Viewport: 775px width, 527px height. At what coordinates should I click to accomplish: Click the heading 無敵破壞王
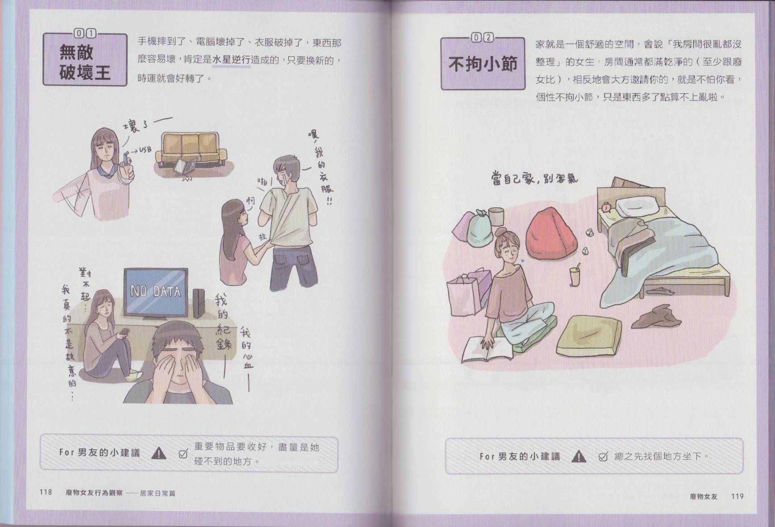[85, 62]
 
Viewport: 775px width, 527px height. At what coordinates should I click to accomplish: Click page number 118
[46, 492]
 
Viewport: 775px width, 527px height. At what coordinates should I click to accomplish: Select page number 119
[737, 496]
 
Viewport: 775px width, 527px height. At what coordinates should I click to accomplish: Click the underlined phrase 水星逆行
[231, 60]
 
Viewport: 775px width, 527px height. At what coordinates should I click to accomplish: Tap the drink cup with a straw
[574, 274]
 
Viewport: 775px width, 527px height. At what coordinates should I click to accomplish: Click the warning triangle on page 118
[159, 453]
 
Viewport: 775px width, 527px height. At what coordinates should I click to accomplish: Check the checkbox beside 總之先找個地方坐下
[603, 456]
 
